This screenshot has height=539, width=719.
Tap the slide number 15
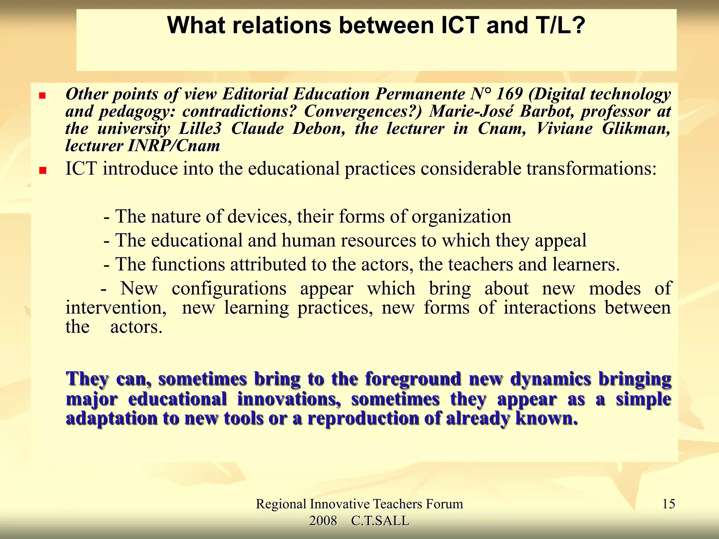click(668, 504)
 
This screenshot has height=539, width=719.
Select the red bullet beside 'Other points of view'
click(42, 95)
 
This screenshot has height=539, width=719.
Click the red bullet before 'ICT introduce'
click(43, 171)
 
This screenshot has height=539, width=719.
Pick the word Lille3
click(200, 128)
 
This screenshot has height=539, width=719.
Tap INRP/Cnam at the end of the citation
click(174, 146)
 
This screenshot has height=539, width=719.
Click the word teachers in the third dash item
click(480, 265)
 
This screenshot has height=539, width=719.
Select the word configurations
click(229, 289)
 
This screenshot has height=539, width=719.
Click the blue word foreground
click(413, 379)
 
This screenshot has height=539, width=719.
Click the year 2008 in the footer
click(323, 521)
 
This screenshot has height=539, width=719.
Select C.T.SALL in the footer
click(380, 521)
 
